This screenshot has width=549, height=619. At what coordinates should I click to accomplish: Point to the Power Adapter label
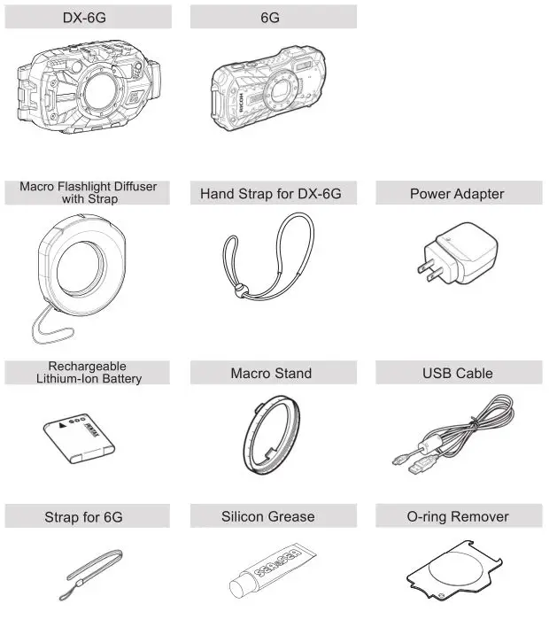point(457,193)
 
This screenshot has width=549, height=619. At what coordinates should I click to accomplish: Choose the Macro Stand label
point(271,373)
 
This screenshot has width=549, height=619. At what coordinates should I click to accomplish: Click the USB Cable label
point(457,373)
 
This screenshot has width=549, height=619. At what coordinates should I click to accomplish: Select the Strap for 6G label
point(85,516)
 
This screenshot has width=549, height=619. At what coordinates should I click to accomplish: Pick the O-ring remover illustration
point(458,572)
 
